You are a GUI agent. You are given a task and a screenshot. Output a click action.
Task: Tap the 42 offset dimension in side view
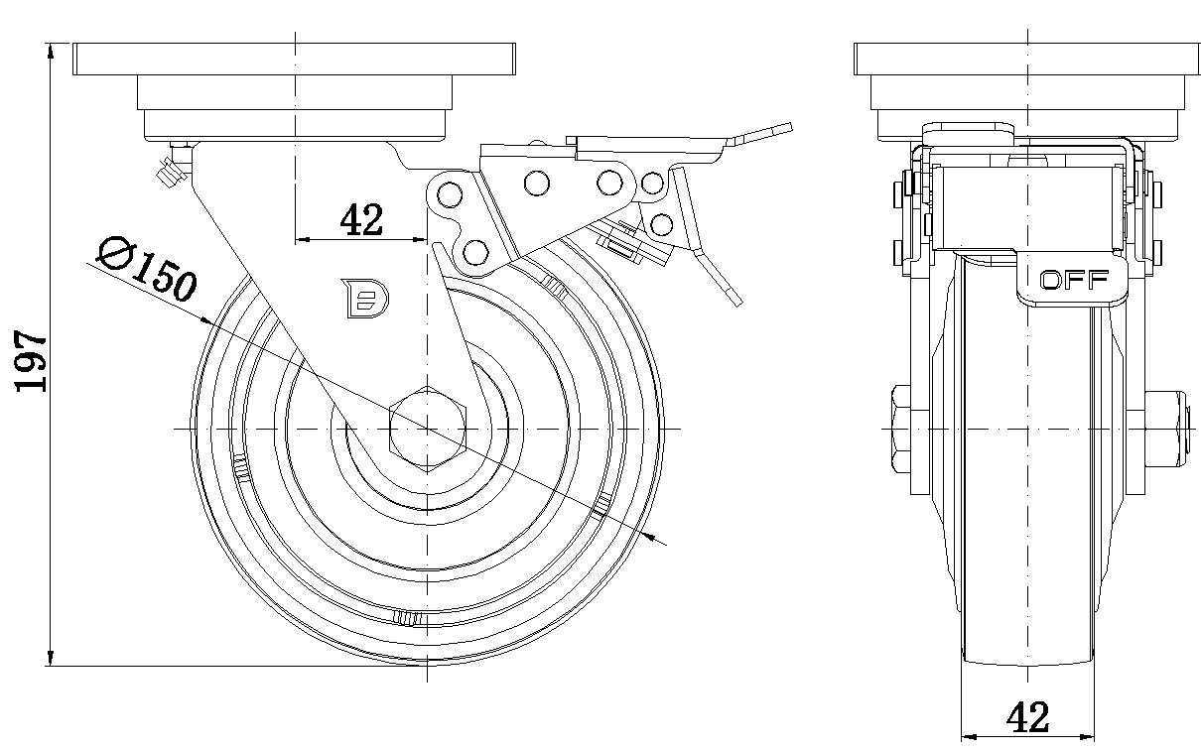click(x=361, y=219)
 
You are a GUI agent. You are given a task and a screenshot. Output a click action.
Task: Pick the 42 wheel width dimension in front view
click(x=1027, y=716)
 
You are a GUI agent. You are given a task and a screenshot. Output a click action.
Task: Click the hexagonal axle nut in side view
click(x=427, y=428)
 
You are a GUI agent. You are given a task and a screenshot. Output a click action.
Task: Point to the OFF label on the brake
click(x=1073, y=280)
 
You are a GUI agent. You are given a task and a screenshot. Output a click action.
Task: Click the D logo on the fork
click(x=365, y=299)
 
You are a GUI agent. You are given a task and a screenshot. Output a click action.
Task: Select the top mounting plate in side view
click(x=295, y=61)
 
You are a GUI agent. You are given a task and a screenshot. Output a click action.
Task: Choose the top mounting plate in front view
click(x=1027, y=61)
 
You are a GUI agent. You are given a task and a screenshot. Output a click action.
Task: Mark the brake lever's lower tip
click(x=732, y=296)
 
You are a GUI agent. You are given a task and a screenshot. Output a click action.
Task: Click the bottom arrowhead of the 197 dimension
click(x=51, y=659)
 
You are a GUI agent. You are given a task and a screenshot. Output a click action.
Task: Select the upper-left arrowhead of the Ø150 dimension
click(x=206, y=321)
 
